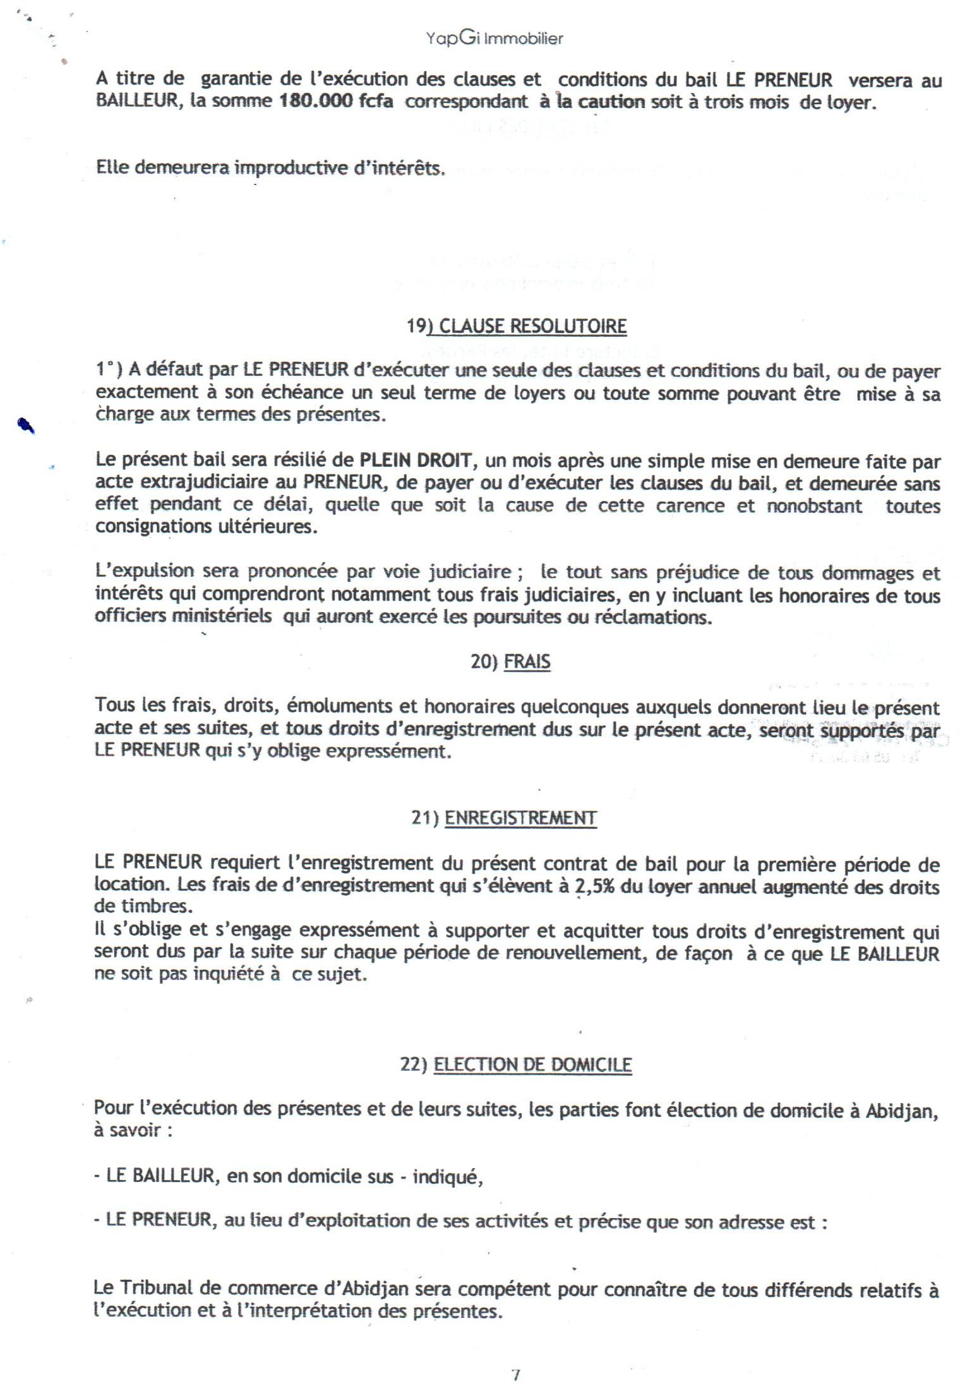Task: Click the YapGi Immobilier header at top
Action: coord(495,39)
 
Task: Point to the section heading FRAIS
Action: coord(527,662)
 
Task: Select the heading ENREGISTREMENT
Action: coord(520,818)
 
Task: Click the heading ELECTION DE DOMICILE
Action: coord(533,1064)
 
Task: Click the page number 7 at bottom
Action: coord(516,1376)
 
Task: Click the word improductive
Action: coord(293,169)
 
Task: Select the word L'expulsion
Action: coord(145,572)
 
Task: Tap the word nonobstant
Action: coord(815,505)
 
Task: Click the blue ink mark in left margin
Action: coord(26,426)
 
